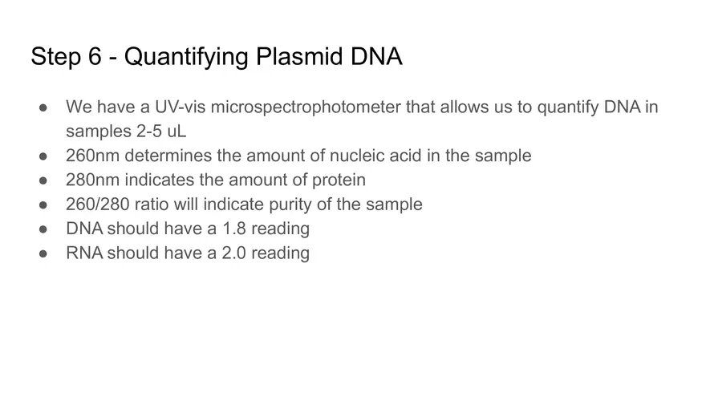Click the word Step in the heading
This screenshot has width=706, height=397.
point(56,57)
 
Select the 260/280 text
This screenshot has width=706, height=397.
point(99,204)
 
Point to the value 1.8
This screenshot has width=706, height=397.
point(233,229)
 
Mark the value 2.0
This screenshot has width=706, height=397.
point(233,253)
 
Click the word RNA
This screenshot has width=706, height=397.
point(84,253)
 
